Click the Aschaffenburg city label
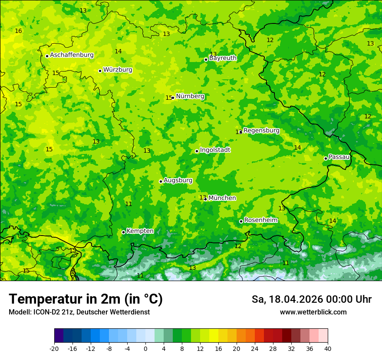pos(72,55)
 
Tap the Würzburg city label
pos(118,70)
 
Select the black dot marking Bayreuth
pos(206,59)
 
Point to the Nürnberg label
pos(190,96)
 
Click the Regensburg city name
pos(261,131)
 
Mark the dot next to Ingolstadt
pos(197,151)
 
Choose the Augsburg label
pos(178,180)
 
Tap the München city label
pos(222,198)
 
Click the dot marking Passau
pos(326,158)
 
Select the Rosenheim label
pos(261,220)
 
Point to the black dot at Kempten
pos(123,232)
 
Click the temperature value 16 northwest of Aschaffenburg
pos(18,31)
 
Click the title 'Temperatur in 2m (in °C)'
pos(86,299)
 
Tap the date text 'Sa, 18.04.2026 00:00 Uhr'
pos(312,299)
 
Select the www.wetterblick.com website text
pos(313,312)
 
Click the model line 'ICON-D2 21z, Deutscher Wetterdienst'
pos(79,312)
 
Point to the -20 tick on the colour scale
pos(54,349)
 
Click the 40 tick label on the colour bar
pos(328,349)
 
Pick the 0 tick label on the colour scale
pos(145,349)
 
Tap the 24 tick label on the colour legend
pos(255,349)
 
